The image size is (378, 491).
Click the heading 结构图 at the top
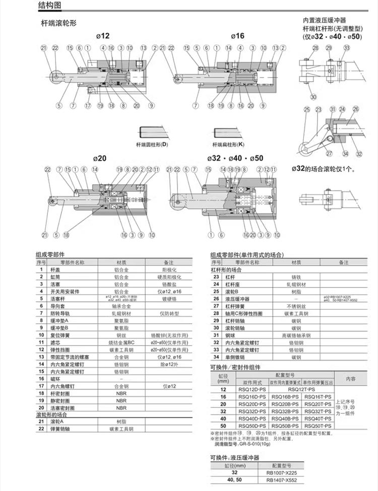51,6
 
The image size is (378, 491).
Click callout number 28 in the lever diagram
316,48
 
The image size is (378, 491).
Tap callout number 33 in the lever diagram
346,48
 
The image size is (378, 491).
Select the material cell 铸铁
296,277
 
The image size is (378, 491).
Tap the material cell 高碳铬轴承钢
296,335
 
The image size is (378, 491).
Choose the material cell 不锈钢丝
296,306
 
